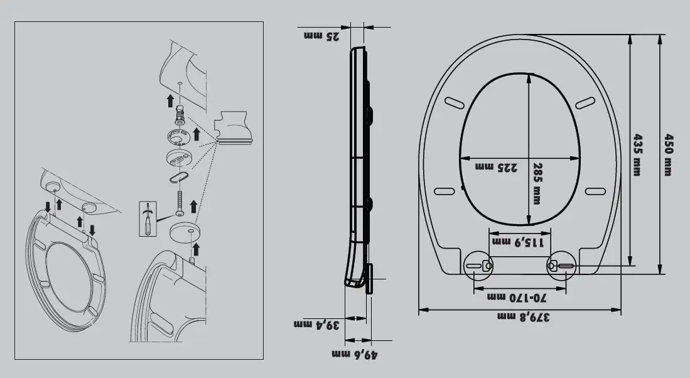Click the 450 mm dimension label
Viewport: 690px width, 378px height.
pos(668,155)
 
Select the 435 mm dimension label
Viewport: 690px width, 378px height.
pos(637,155)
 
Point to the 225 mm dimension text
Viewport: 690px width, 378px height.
pos(497,167)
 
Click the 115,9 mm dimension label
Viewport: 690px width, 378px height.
pos(518,242)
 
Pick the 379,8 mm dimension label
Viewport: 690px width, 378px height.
pos(523,316)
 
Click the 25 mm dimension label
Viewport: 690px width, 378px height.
pos(321,36)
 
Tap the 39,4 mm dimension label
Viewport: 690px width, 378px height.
pos(317,325)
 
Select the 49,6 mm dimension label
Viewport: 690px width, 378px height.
pos(355,354)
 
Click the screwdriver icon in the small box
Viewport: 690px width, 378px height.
pos(148,219)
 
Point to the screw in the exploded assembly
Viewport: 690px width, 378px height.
pos(180,203)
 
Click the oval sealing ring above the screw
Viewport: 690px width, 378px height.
pos(179,177)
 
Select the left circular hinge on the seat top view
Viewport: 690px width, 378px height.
pos(478,266)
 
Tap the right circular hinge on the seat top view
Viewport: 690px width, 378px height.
pos(561,266)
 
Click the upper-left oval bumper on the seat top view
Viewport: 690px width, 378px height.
pos(454,102)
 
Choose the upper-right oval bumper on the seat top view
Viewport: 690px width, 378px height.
pos(585,103)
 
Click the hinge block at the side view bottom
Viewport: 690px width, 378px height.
pos(369,279)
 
